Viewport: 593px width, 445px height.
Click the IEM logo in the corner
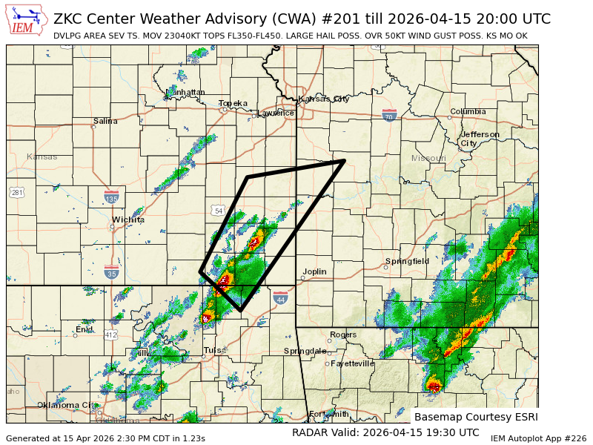[x=27, y=19]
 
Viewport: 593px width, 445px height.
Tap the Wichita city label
[x=128, y=220]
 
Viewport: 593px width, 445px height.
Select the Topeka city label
[x=233, y=104]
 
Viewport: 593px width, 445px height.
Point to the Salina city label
[x=105, y=121]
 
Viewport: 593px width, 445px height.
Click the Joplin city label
[x=314, y=271]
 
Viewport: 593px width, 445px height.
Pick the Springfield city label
[x=407, y=261]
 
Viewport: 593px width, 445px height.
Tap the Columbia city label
[x=468, y=112]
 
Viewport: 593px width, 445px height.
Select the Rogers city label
[x=343, y=334]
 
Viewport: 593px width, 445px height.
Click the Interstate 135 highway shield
[x=112, y=198]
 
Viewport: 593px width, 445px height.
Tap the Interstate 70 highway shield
[x=388, y=115]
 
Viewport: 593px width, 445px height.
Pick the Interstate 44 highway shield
[x=280, y=299]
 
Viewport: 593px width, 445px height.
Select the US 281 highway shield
[x=16, y=193]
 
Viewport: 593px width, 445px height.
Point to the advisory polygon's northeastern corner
[x=345, y=160]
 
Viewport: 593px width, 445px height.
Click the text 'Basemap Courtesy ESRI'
[x=475, y=417]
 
